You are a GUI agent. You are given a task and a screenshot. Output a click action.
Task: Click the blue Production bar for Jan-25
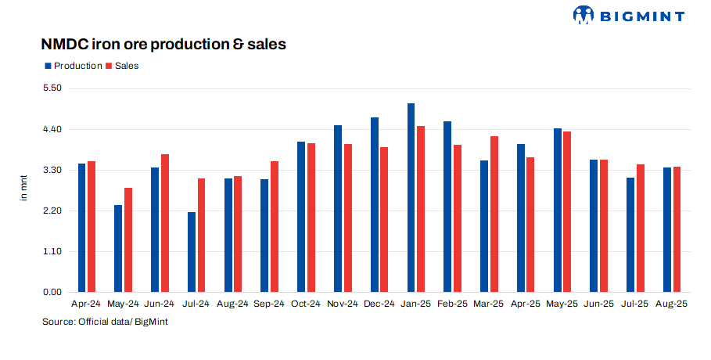[x=411, y=197]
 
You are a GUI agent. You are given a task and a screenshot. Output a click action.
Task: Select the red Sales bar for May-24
[x=128, y=239]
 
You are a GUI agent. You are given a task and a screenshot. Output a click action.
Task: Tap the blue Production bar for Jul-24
[x=192, y=252]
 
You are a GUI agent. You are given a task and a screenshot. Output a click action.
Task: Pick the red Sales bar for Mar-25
[x=494, y=214]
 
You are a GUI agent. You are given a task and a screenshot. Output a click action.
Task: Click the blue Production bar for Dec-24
[x=375, y=204]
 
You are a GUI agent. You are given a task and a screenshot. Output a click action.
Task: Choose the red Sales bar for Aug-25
[x=677, y=229]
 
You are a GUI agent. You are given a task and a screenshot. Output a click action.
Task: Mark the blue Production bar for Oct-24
[x=301, y=217]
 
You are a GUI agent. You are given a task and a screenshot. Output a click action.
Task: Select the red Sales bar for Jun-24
[x=165, y=223]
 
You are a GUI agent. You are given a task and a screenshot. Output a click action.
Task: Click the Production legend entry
[x=73, y=66]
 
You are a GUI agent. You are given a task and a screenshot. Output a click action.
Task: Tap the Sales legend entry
[x=122, y=66]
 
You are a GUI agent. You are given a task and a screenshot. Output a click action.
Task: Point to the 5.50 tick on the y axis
[x=51, y=88]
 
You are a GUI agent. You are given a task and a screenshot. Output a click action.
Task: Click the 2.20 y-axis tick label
[x=51, y=211]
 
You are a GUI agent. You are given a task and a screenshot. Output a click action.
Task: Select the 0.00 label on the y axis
[x=51, y=292]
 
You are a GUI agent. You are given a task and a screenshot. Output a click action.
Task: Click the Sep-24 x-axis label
[x=269, y=304]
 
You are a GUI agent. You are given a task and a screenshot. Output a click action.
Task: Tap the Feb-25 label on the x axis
[x=452, y=304]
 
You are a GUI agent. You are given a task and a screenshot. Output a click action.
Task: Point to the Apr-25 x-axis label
[x=526, y=304]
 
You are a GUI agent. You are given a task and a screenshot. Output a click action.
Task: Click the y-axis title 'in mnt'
[x=23, y=190]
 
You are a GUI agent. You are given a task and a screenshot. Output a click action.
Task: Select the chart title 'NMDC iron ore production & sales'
[x=163, y=45]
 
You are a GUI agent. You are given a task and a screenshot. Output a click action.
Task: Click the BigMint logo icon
[x=584, y=15]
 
